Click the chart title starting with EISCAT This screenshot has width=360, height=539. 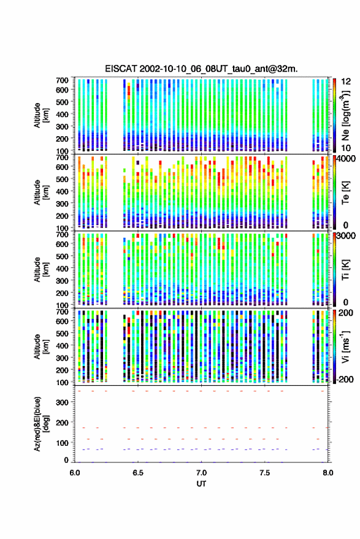[x=201, y=69]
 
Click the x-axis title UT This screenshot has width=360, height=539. [x=201, y=484]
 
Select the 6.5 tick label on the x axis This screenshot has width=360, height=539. [x=138, y=473]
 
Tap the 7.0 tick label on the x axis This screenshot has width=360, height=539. [x=201, y=473]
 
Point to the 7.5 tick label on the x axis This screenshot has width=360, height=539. [x=264, y=473]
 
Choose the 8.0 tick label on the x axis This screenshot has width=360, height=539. [x=327, y=473]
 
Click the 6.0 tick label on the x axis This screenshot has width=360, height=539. [x=75, y=473]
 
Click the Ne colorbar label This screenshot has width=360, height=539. [x=345, y=115]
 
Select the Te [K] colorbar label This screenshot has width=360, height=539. [x=345, y=193]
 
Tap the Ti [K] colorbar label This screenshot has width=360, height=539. [x=345, y=270]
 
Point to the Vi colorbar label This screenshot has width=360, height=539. [x=345, y=346]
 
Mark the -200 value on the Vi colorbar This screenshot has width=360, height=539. [x=345, y=380]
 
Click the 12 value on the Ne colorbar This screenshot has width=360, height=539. [x=346, y=82]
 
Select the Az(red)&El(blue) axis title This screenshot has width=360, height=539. [x=41, y=424]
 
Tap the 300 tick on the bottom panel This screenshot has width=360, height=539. [x=62, y=402]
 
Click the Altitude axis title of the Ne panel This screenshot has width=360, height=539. [x=41, y=115]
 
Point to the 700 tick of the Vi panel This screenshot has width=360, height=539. [x=62, y=312]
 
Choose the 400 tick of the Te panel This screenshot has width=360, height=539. [x=62, y=191]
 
